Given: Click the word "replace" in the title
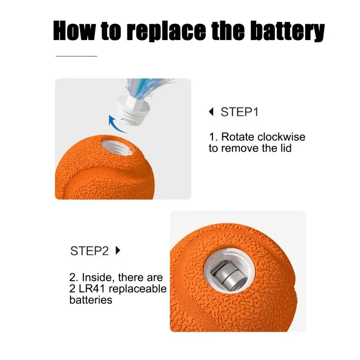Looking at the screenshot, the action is click(166, 31).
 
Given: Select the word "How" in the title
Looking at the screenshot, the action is click(74, 30).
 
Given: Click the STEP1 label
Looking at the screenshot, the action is click(239, 112).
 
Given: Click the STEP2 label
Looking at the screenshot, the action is click(89, 251).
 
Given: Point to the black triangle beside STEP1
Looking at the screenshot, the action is click(211, 112).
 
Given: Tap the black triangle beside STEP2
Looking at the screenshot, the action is click(118, 251).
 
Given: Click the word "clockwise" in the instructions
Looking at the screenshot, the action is click(282, 137).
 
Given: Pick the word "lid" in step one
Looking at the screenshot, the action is click(286, 148).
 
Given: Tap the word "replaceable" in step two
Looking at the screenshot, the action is click(138, 289).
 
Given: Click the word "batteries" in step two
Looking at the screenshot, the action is click(91, 300).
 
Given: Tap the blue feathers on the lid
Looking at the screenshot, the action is click(147, 88).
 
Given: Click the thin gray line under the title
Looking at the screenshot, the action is click(76, 56).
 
